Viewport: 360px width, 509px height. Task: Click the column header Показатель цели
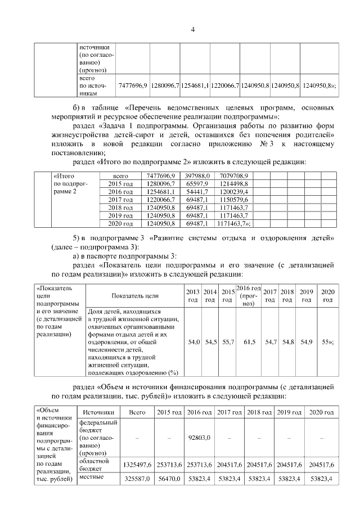pyautogui.click(x=135, y=295)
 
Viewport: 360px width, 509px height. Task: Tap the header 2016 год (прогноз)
pyautogui.click(x=249, y=295)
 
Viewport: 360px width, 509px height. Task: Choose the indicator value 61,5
pyautogui.click(x=249, y=341)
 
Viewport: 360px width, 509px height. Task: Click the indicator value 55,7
pyautogui.click(x=228, y=341)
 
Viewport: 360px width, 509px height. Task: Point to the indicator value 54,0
pyautogui.click(x=193, y=341)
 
